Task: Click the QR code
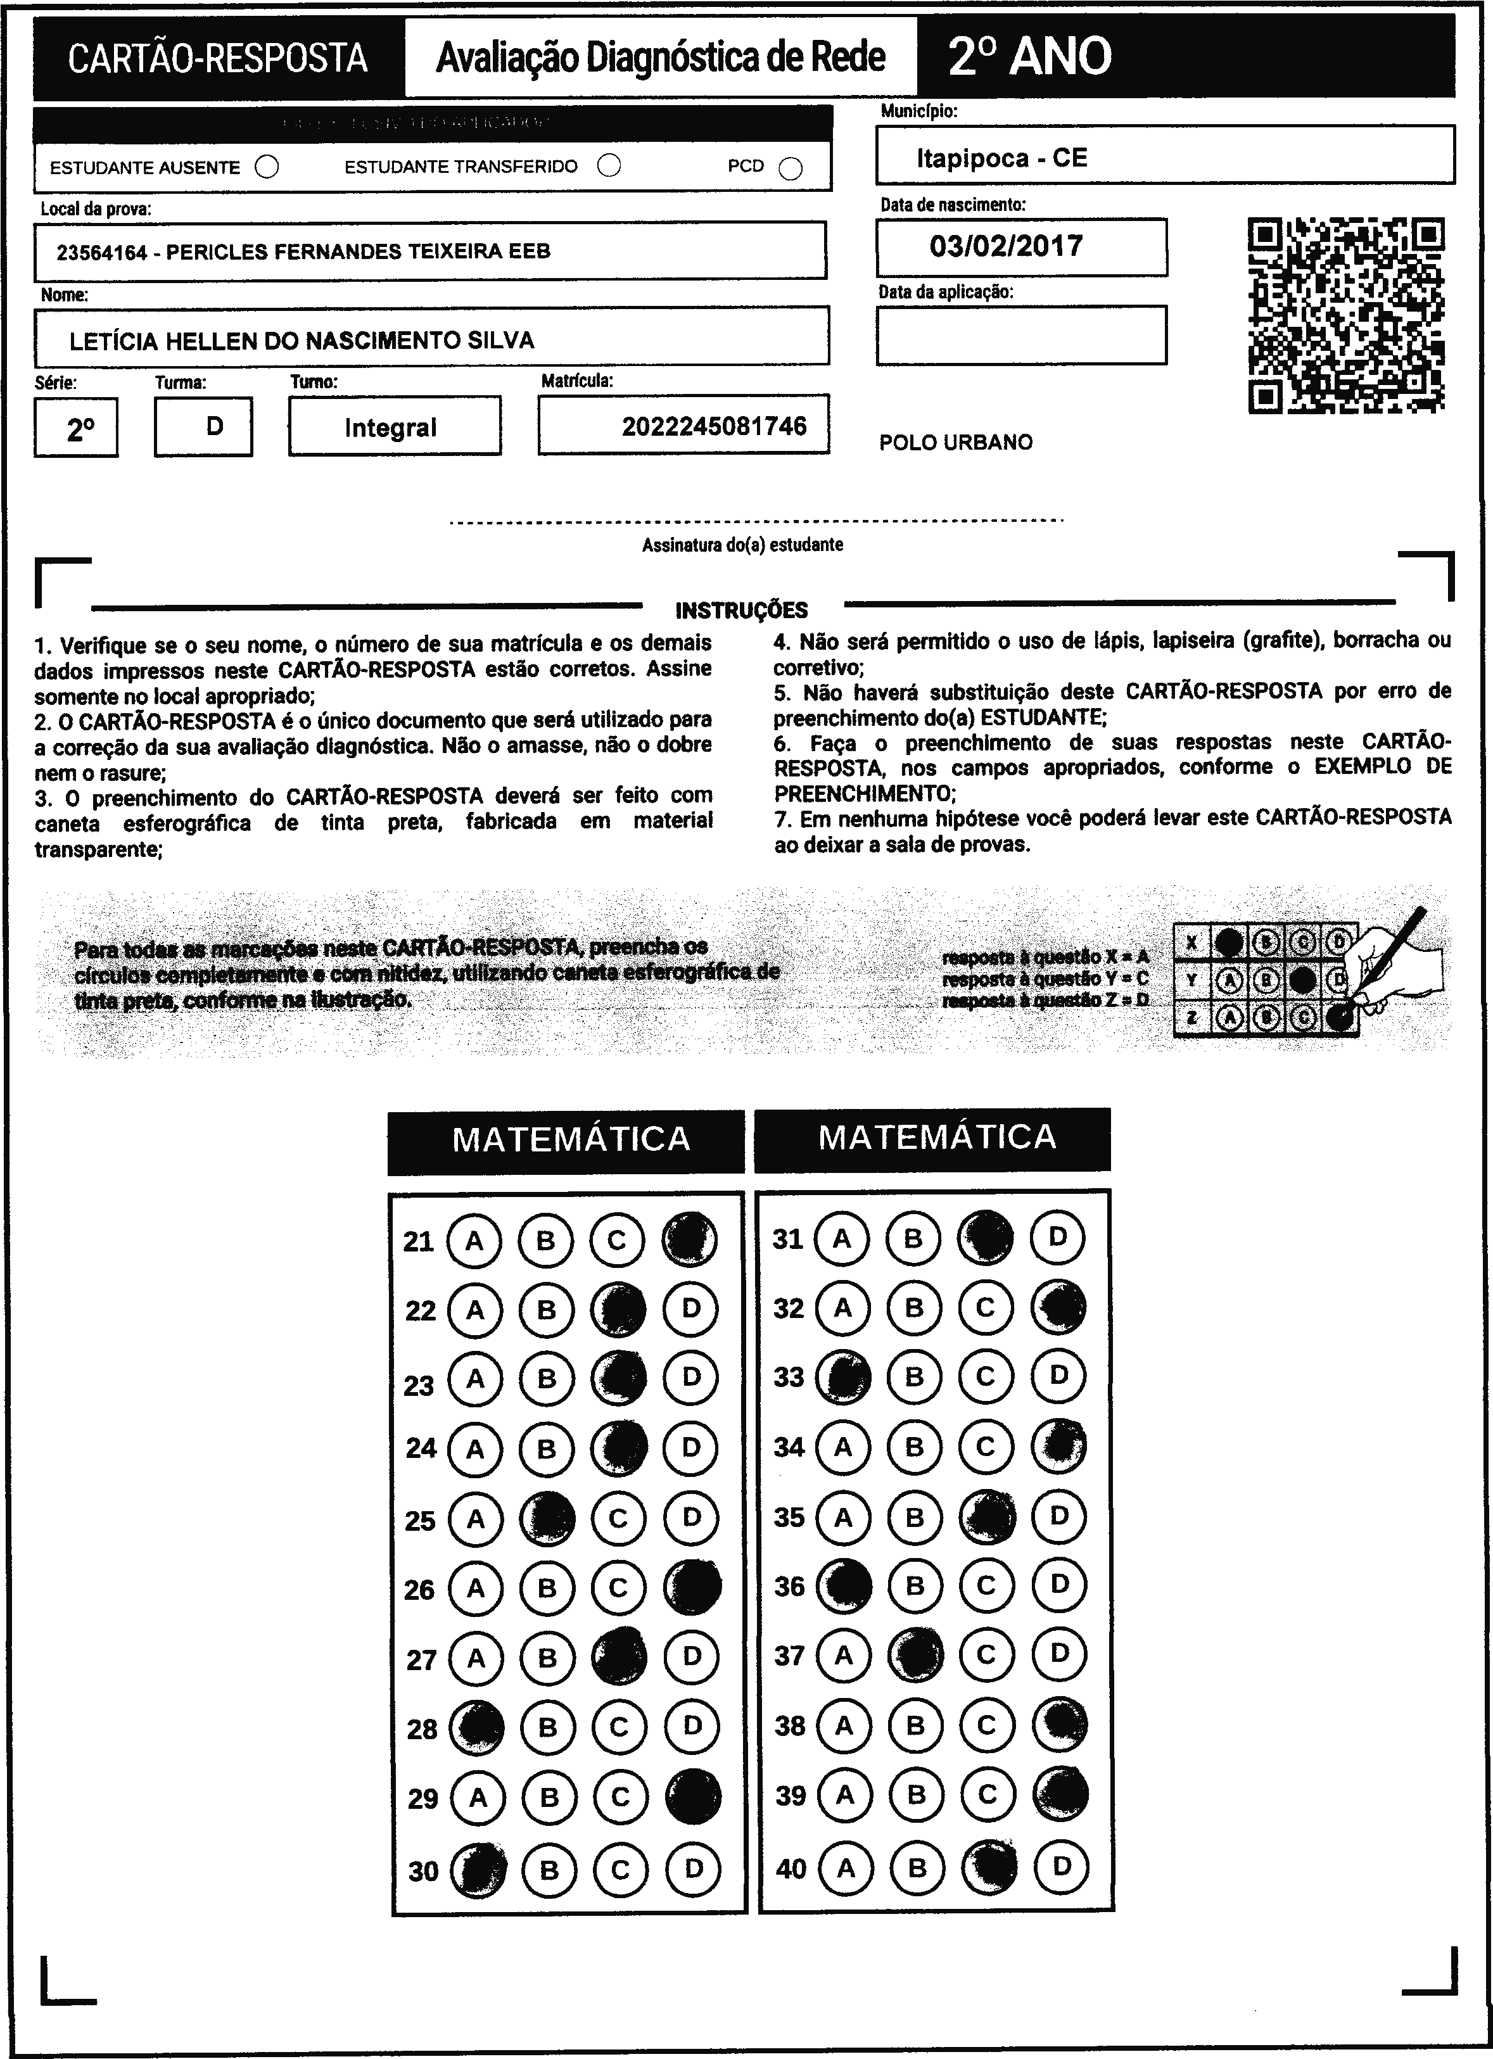click(x=1346, y=315)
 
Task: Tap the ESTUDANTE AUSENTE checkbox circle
click(x=267, y=167)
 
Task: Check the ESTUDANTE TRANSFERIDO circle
click(x=609, y=165)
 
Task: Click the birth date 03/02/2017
click(x=1007, y=246)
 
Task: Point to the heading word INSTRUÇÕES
click(x=741, y=610)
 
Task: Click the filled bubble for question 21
click(x=689, y=1239)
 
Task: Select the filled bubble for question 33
click(x=842, y=1378)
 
